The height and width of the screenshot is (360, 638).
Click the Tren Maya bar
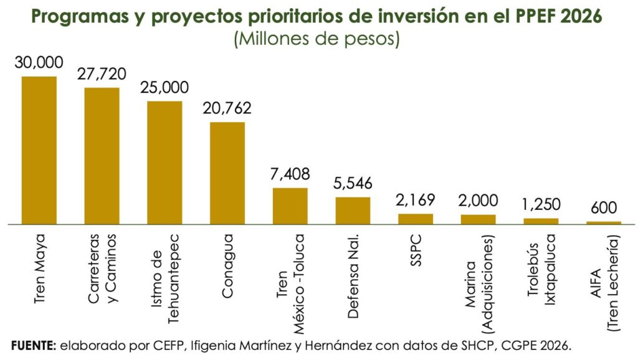pos(39,149)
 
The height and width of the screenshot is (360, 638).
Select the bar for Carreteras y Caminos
pos(102,155)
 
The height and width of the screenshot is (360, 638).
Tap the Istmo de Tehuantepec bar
pos(164,162)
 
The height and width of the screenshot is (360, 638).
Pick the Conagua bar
pos(227,173)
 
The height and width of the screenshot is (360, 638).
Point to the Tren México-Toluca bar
pos(290,206)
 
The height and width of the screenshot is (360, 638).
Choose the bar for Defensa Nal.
pos(353,210)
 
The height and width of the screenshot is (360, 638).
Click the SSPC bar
pos(416,219)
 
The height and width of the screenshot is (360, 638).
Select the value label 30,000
pos(39,62)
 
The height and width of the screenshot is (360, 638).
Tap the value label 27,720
pos(102,74)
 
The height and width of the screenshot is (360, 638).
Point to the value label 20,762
pos(227,108)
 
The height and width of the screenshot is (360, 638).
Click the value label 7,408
pos(290,174)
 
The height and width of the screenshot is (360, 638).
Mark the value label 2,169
pos(416,201)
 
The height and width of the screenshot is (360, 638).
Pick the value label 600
pos(604,208)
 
